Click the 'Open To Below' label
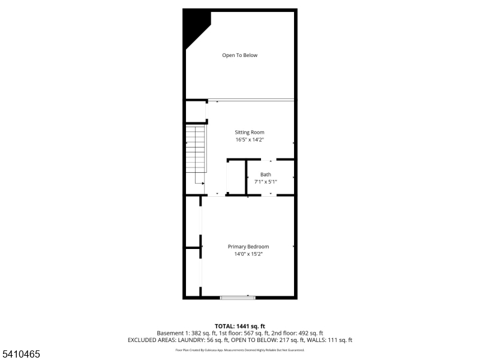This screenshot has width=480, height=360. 239,55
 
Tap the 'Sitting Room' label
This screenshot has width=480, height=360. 249,132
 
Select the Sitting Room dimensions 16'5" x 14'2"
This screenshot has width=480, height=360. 249,140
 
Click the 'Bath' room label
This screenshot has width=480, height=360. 265,175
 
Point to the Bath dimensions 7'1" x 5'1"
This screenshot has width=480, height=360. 265,181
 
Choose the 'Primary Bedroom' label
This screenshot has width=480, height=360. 248,247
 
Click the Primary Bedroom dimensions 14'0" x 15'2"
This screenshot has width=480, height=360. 248,254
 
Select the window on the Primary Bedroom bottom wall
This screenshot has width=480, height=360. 238,296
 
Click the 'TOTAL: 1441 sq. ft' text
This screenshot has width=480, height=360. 240,326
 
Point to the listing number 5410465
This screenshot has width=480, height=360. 21,355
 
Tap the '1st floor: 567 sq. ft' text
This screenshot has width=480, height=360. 241,333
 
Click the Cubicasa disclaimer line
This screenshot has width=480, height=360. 240,350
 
